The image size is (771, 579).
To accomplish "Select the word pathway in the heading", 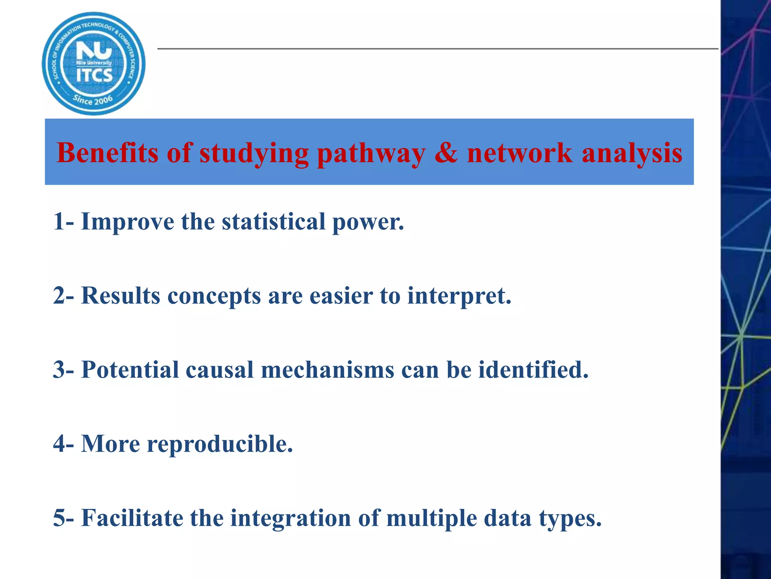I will click(x=371, y=154).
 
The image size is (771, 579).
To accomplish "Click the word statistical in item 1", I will click(x=274, y=221).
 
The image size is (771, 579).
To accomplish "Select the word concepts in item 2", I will click(x=214, y=296).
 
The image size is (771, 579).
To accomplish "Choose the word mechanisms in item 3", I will click(x=327, y=369).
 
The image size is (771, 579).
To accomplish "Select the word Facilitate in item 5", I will click(x=132, y=518).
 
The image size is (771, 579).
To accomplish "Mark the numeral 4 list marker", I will click(x=59, y=444).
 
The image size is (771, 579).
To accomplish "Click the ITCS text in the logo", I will click(x=94, y=75).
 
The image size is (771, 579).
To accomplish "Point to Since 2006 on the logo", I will click(x=93, y=100).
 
